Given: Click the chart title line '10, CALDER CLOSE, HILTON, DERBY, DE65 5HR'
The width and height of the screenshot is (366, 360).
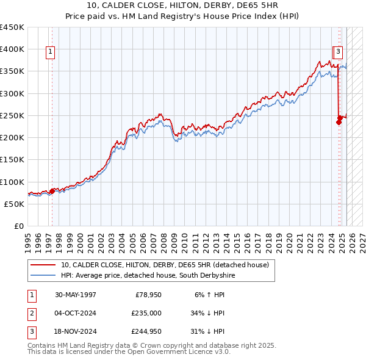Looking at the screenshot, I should (182, 6).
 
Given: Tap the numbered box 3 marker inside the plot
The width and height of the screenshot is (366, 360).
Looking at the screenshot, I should (338, 52).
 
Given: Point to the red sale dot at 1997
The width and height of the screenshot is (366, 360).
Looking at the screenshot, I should (52, 191).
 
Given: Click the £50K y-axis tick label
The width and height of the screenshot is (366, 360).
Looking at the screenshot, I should (15, 204).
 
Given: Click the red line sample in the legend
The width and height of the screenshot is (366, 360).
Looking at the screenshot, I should (43, 265).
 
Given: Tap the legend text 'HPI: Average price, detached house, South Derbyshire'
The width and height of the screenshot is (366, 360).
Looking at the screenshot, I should (148, 276).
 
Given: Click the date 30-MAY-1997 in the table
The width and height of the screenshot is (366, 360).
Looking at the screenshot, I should (76, 295).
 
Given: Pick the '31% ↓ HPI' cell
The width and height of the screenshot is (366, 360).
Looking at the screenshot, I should (207, 333).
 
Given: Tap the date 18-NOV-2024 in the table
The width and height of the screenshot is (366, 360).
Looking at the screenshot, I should (76, 333).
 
